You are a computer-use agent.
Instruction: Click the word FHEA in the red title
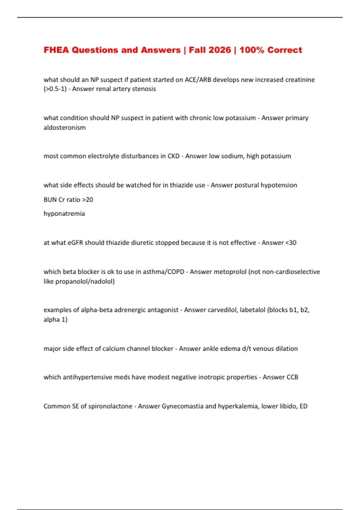[x=56, y=50]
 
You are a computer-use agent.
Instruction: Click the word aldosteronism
[x=64, y=127]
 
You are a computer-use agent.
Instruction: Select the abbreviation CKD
[x=173, y=156]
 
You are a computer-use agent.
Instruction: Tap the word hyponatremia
[x=64, y=214]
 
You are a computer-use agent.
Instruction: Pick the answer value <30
[x=291, y=243]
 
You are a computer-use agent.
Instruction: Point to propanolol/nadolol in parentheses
[x=85, y=281]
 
